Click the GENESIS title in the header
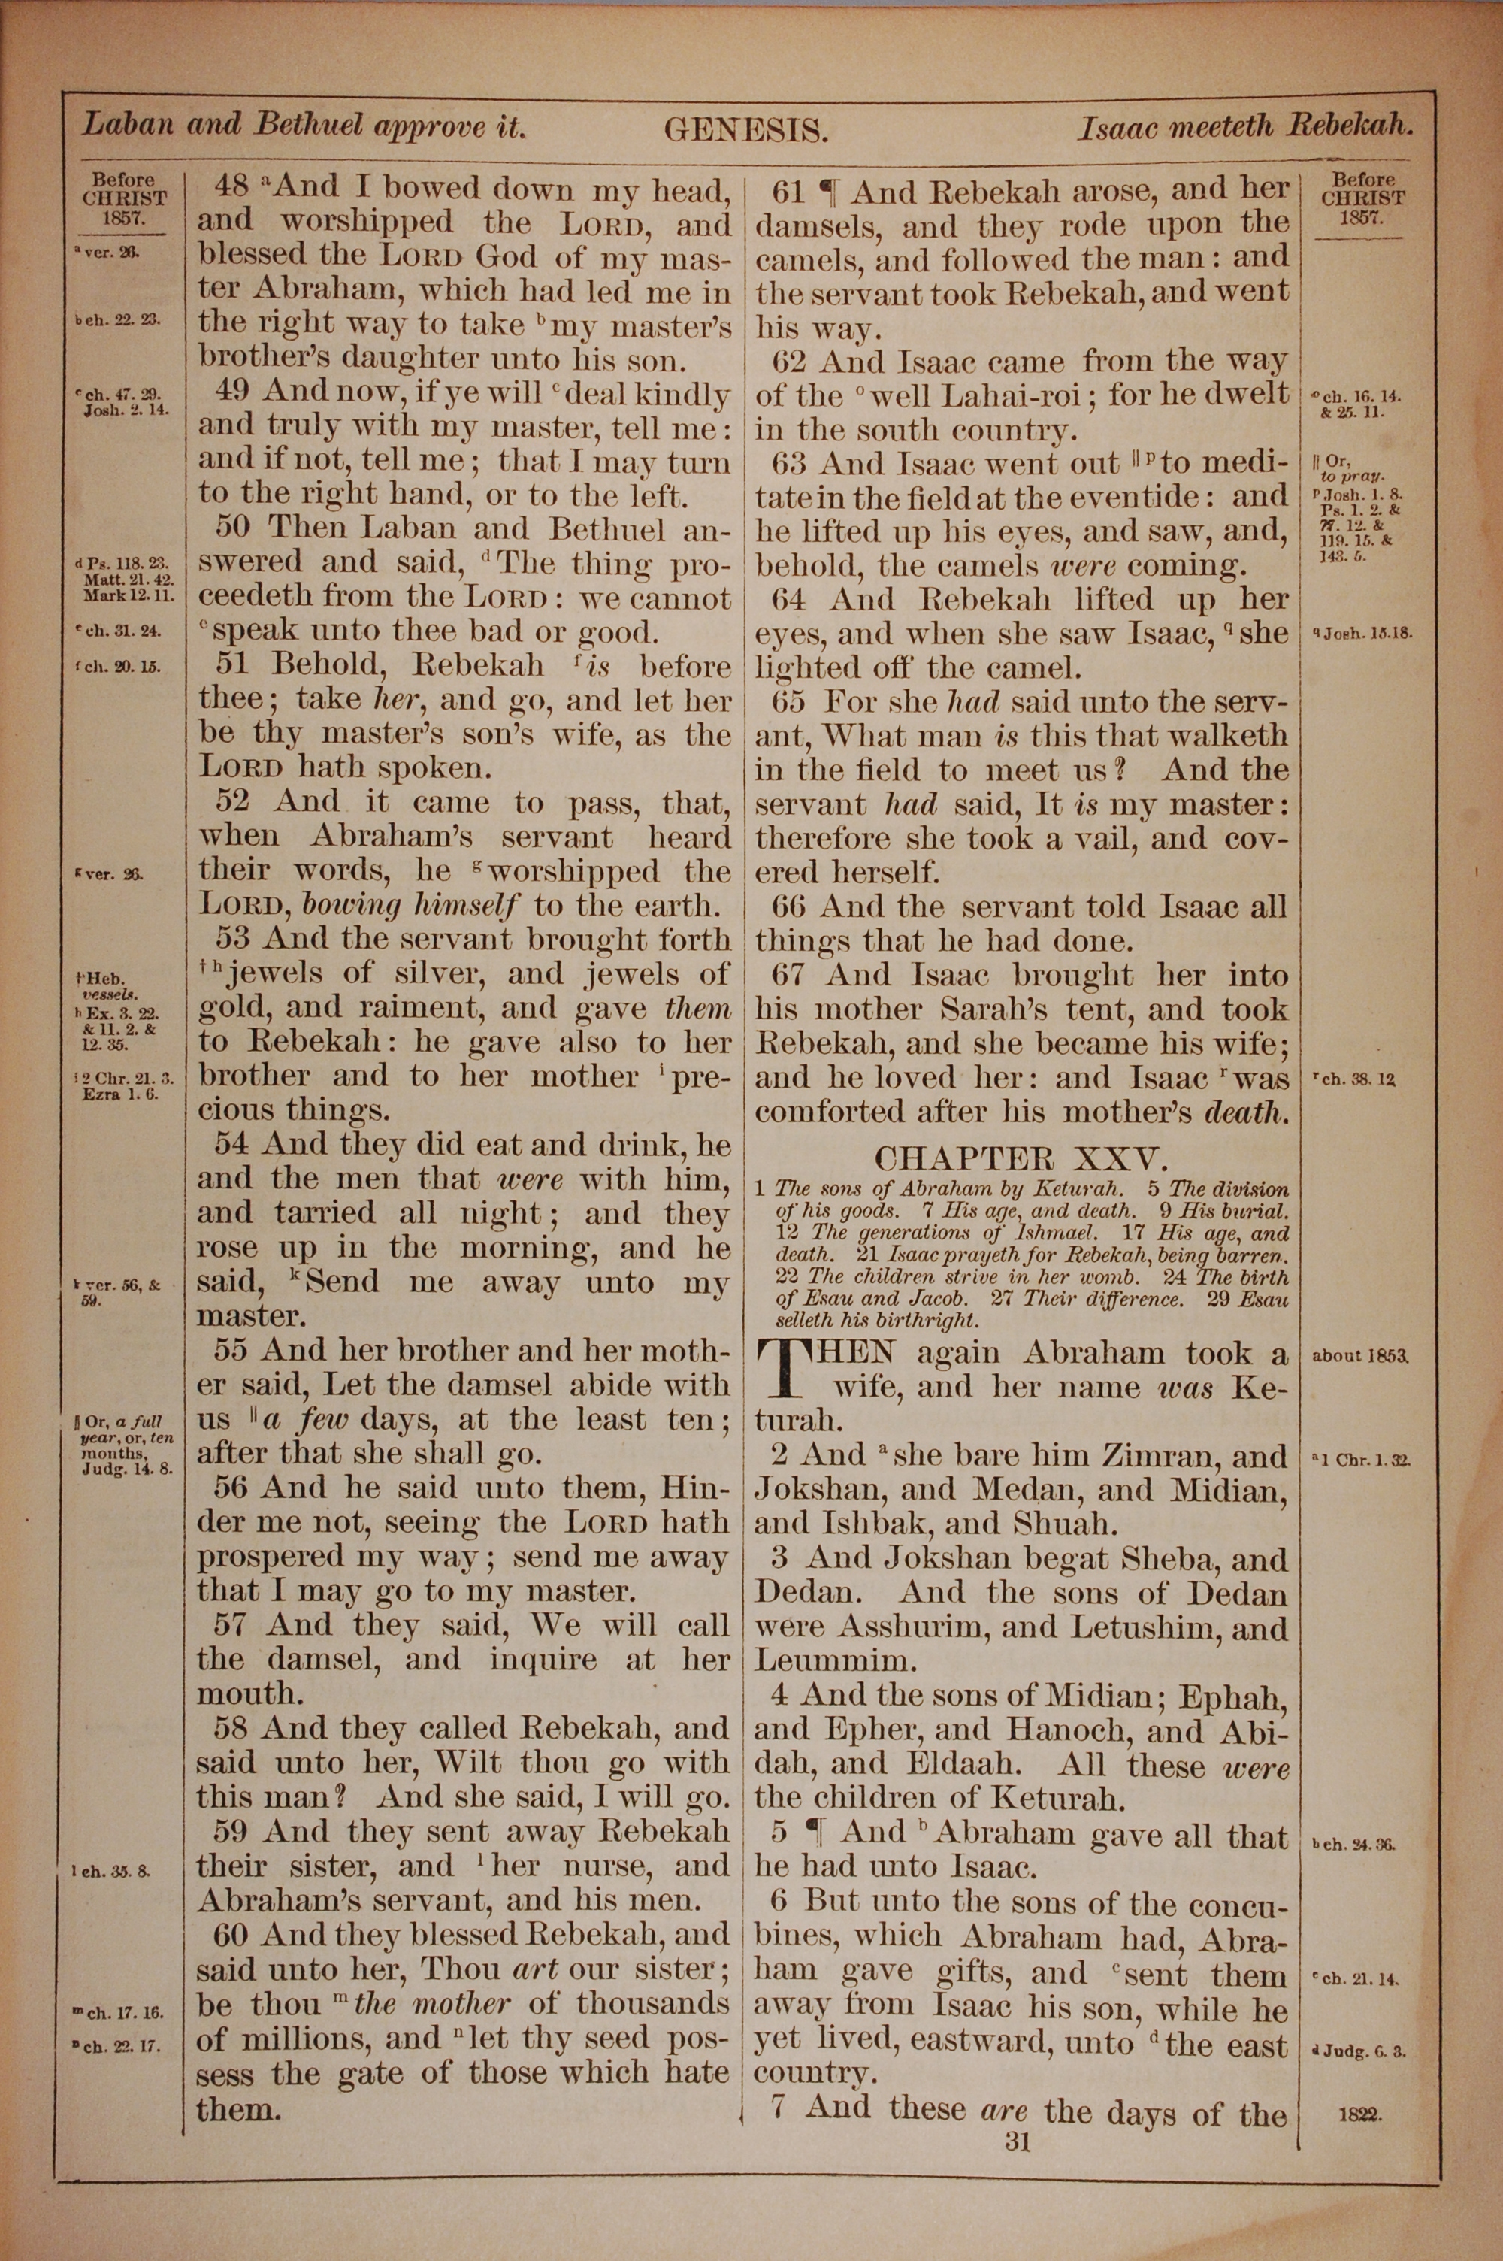745,129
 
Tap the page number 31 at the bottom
1017,2142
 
